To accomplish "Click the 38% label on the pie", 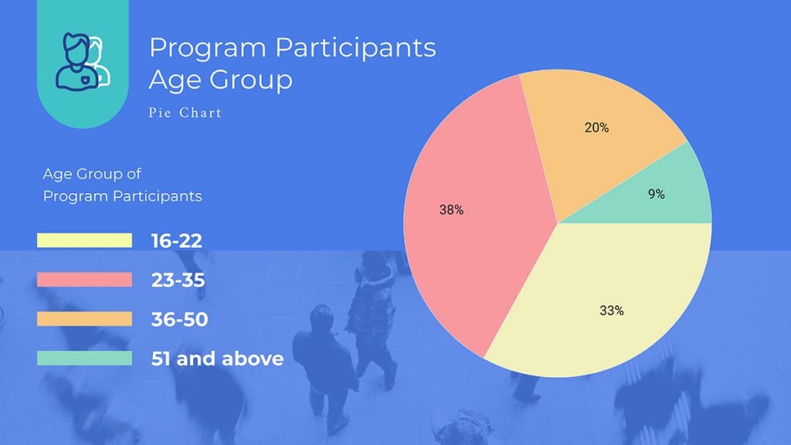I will coord(452,209).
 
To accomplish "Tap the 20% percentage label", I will coord(596,128).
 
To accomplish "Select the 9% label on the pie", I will coord(657,195).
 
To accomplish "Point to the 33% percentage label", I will coord(612,311).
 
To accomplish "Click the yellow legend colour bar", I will coord(84,241).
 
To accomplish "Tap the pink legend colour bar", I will coord(84,280).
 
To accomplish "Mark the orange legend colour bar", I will coord(84,318).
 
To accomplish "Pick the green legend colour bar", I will coord(84,358).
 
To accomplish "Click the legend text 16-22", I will coord(177,241).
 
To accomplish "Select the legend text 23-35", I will coord(178,280).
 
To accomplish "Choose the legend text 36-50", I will coord(180,318).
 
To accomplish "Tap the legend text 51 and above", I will coord(218,358).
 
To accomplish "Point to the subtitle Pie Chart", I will coord(185,113).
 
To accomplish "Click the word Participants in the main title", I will coord(356,48).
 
